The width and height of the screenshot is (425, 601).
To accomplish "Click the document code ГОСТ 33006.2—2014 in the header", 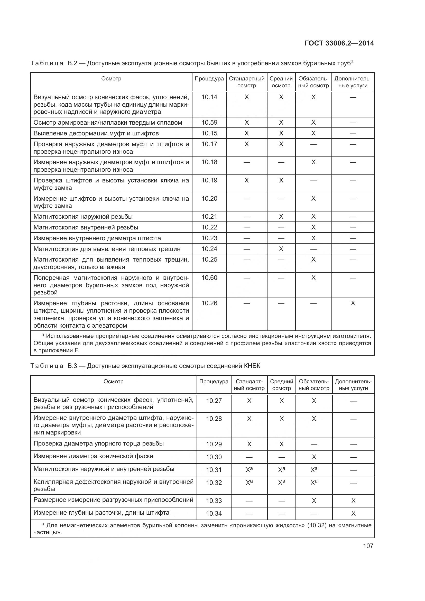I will pyautogui.click(x=339, y=43).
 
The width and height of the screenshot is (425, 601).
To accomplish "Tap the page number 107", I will pyautogui.click(x=368, y=546).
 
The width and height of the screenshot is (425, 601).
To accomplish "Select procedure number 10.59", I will pyautogui.click(x=209, y=123).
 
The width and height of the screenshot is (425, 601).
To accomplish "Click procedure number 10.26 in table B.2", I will pyautogui.click(x=209, y=303).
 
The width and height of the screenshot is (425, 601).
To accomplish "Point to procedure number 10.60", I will pyautogui.click(x=209, y=278).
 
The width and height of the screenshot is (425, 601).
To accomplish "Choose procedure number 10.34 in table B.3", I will pyautogui.click(x=214, y=513).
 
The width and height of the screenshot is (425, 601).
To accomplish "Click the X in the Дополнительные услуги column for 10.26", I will pyautogui.click(x=353, y=303).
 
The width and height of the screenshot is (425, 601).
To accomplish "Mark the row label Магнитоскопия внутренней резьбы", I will pyautogui.click(x=86, y=227).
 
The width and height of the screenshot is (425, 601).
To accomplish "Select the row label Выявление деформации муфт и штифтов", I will pyautogui.click(x=96, y=134).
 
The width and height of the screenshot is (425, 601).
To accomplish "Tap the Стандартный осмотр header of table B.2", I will pyautogui.click(x=246, y=82).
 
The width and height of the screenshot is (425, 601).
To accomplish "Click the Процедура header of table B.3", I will pyautogui.click(x=214, y=381).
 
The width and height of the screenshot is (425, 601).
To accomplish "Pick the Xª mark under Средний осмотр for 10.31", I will pyautogui.click(x=281, y=470).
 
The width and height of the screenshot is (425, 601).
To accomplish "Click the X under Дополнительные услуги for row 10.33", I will pyautogui.click(x=353, y=501).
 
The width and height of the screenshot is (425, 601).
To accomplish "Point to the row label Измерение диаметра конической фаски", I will pyautogui.click(x=93, y=456).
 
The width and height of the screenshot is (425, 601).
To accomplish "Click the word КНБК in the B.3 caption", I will pyautogui.click(x=252, y=366).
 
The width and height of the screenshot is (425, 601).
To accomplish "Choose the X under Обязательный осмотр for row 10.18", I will pyautogui.click(x=313, y=162).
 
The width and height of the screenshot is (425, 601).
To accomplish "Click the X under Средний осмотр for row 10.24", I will pyautogui.click(x=281, y=249).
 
